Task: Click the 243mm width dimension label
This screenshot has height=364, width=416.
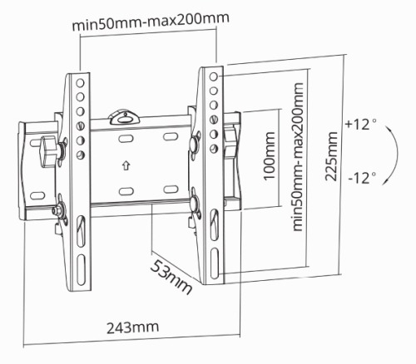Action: [x=133, y=327]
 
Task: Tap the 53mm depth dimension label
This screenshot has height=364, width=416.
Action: [x=171, y=277]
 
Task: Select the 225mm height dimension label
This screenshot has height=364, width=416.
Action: [x=331, y=156]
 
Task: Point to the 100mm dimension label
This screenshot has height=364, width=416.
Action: [x=269, y=156]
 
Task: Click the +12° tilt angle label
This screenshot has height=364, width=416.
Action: [x=361, y=125]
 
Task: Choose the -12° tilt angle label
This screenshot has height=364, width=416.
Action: [x=362, y=178]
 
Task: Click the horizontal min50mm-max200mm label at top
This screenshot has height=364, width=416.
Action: [x=151, y=22]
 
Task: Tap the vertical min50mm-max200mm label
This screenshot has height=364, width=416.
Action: [x=298, y=157]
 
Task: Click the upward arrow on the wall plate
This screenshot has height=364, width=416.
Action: [x=126, y=165]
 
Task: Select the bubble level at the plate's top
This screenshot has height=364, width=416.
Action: [x=125, y=117]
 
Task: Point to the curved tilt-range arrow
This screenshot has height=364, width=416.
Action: [x=398, y=154]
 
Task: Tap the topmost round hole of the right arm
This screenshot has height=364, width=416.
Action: [x=214, y=76]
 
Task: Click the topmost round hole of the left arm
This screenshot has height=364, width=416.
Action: [x=80, y=83]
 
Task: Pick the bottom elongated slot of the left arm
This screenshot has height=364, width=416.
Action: [x=81, y=269]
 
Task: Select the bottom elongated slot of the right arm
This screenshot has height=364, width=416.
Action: [x=215, y=263]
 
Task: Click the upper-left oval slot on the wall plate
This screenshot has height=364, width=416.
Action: [x=126, y=139]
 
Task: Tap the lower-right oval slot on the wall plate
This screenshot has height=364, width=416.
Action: [x=171, y=189]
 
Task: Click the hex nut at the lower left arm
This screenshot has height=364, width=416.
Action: [x=57, y=210]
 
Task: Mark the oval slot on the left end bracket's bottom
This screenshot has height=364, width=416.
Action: [x=37, y=195]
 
